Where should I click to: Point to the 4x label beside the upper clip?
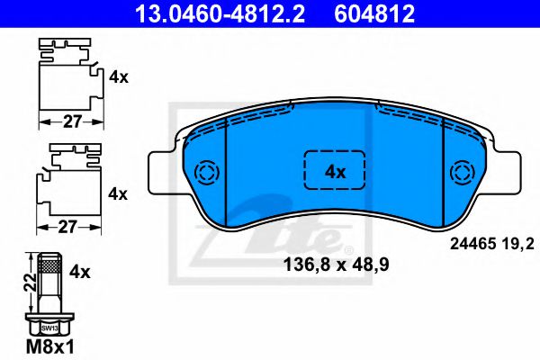click(119, 78)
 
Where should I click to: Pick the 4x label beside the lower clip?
click(119, 193)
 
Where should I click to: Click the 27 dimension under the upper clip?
click(68, 120)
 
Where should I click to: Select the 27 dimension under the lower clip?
click(68, 227)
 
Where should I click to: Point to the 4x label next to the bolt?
click(81, 269)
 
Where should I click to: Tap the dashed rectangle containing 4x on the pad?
click(335, 171)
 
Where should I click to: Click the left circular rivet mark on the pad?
click(206, 172)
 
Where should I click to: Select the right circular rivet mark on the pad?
click(465, 172)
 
